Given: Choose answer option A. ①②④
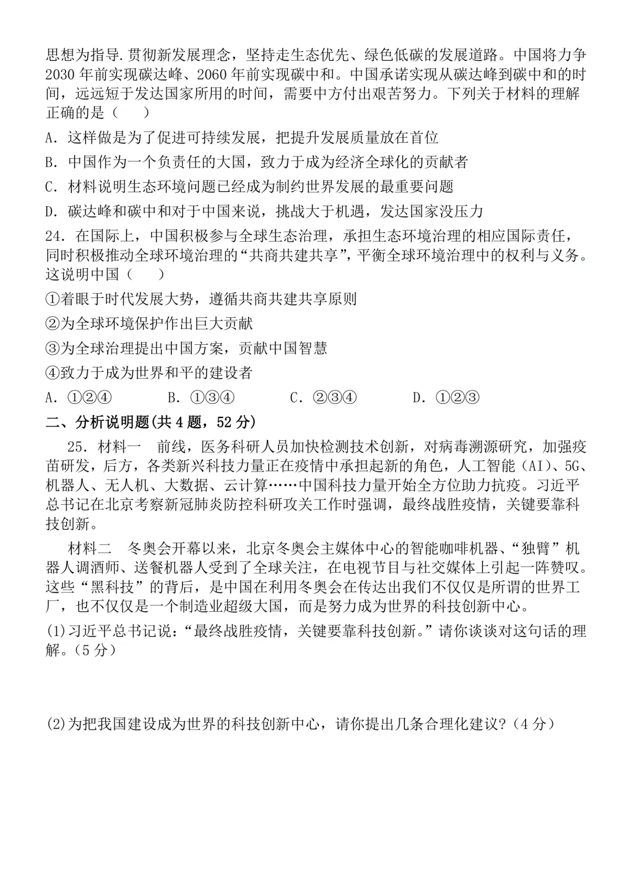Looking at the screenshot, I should (78, 398).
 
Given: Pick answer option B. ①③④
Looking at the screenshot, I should (201, 398).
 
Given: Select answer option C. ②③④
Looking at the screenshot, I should (324, 398).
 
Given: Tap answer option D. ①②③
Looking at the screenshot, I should (446, 398).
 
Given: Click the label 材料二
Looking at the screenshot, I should (89, 549).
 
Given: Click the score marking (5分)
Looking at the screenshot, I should (88, 650).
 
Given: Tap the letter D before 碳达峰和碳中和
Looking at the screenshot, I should (50, 211).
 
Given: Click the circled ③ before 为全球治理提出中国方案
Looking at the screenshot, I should (53, 348).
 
